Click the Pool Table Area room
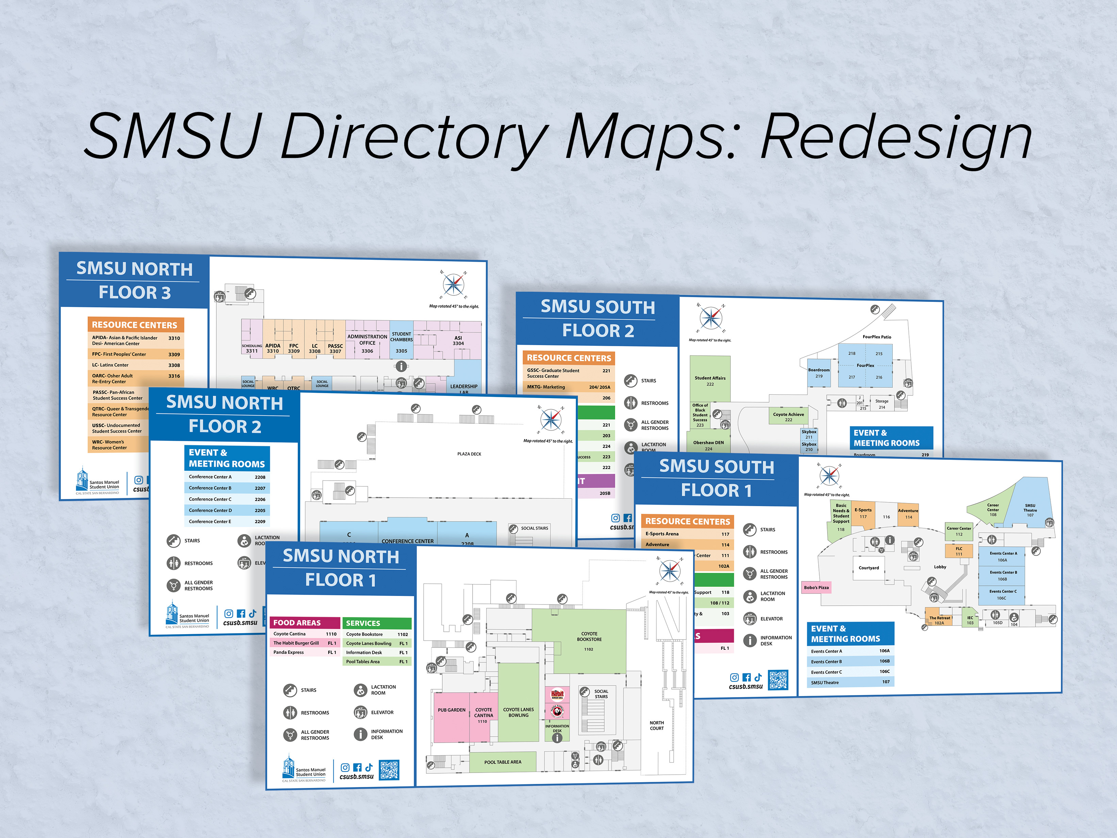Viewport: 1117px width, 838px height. click(x=503, y=762)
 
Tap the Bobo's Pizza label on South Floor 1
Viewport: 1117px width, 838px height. click(x=816, y=587)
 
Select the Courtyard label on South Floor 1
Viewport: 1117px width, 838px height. click(x=869, y=568)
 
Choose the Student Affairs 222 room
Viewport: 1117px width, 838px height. click(x=710, y=379)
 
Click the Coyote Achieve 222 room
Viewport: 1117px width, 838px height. click(x=788, y=417)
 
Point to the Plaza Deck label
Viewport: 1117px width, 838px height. click(x=469, y=454)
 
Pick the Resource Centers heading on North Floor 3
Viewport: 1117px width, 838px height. click(x=135, y=325)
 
